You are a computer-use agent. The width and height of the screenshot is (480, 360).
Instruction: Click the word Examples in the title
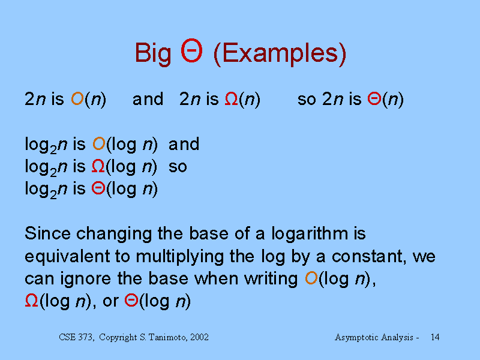point(280,53)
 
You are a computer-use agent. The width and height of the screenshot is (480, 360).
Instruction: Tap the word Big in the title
point(152,53)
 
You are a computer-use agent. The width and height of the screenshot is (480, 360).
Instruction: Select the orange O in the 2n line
point(77,99)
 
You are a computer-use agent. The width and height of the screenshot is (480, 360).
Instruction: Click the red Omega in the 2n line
point(232,99)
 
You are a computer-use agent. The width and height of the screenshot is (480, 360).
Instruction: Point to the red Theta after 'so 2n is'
point(374,99)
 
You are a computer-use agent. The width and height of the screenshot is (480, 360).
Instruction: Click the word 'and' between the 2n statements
point(148,99)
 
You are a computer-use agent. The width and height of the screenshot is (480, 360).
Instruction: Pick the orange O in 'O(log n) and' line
point(99,143)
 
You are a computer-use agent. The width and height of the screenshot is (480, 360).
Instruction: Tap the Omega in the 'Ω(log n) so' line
point(98,167)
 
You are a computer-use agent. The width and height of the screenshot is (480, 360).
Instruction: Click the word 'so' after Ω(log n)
point(178,167)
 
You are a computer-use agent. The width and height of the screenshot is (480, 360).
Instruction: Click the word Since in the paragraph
point(48,233)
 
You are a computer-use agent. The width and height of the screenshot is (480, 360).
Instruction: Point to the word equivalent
point(67,256)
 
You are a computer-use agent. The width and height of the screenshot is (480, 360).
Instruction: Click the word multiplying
point(179,257)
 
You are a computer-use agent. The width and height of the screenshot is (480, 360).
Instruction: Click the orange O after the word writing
point(311,278)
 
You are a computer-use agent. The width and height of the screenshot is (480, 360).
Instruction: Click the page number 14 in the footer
point(435,337)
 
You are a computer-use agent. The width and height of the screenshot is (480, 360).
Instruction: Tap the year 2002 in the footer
point(199,337)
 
